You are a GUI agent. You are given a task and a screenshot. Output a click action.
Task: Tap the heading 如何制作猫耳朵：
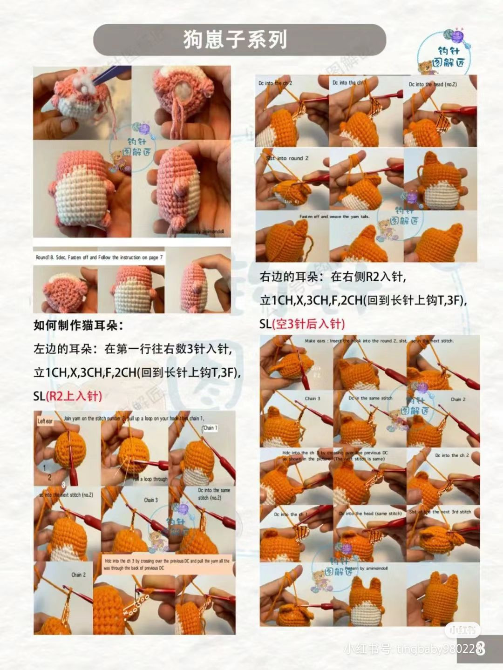(79, 325)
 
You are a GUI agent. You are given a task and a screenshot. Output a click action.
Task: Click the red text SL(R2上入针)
(68, 396)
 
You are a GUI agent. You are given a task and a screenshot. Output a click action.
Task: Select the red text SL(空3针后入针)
(302, 324)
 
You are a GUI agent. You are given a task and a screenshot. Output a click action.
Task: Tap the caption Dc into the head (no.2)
(433, 84)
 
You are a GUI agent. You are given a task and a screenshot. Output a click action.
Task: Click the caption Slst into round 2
(287, 158)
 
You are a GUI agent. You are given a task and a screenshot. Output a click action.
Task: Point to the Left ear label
(45, 421)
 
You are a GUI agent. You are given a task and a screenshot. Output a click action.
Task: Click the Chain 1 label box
(210, 428)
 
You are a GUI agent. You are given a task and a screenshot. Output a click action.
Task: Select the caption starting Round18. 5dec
(99, 257)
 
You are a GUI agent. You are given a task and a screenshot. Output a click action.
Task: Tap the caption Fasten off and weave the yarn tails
(334, 217)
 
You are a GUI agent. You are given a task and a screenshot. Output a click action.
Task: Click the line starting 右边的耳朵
(333, 277)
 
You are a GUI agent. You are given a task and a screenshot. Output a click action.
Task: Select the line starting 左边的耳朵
(132, 349)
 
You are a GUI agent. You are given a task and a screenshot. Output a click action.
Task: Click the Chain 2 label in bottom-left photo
(78, 575)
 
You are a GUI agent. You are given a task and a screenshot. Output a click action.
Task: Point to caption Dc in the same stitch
(370, 399)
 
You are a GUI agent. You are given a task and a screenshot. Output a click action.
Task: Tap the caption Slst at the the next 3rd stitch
(440, 512)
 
